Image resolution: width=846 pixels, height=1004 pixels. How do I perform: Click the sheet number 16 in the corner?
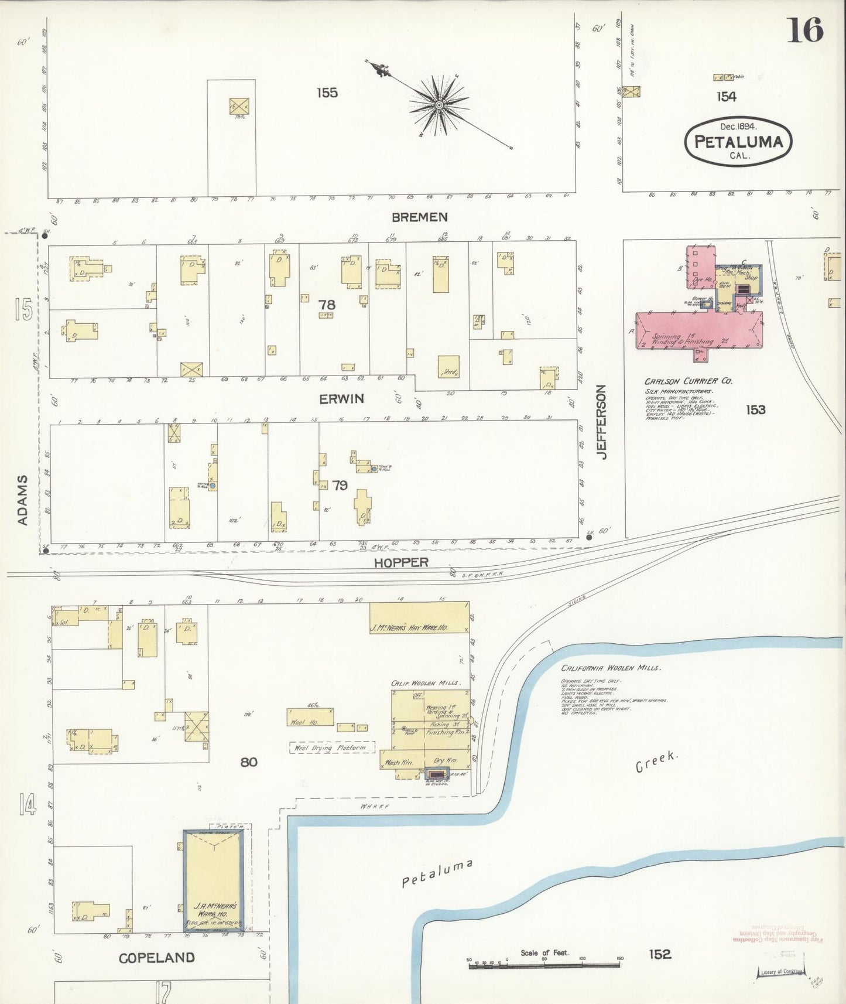805,30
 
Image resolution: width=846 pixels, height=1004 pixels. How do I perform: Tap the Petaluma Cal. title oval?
738,141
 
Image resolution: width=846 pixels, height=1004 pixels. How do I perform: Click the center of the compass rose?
439,105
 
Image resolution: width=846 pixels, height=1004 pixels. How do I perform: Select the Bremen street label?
419,217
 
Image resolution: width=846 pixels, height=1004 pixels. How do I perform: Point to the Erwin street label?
341,399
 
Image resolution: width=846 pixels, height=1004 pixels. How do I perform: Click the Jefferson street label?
602,421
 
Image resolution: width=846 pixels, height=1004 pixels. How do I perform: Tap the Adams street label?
22,500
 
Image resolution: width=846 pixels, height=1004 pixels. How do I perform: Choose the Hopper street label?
401,562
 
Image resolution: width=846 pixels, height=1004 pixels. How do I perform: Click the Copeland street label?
156,958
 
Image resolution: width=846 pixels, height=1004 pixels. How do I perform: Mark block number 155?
327,93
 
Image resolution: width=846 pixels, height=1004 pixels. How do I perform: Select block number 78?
327,305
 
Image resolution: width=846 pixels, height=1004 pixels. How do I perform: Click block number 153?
755,409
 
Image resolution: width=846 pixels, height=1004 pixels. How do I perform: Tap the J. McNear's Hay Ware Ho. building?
419,617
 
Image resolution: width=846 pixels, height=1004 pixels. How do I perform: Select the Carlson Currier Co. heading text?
688,381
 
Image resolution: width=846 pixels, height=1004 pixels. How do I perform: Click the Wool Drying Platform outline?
332,747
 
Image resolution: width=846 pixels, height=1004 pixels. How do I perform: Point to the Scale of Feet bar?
544,965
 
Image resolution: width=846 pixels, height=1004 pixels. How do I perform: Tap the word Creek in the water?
657,763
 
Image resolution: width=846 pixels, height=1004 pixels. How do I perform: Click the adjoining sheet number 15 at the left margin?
23,309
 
